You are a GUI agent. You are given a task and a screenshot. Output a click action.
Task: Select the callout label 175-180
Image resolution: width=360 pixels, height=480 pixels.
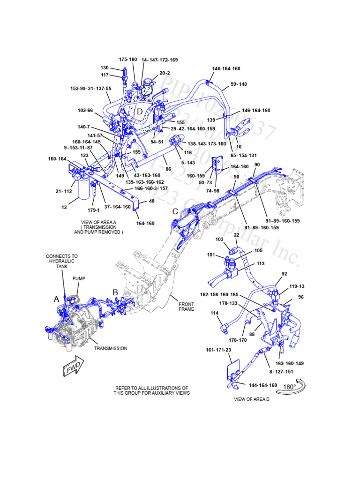pyautogui.click(x=127, y=60)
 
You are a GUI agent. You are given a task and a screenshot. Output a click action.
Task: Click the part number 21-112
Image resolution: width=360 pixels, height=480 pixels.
pyautogui.click(x=64, y=191)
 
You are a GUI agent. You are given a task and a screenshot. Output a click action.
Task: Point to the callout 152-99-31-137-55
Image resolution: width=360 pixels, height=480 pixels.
pyautogui.click(x=90, y=88)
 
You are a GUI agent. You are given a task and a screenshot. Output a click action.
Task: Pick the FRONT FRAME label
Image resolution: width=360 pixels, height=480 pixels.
pyautogui.click(x=186, y=307)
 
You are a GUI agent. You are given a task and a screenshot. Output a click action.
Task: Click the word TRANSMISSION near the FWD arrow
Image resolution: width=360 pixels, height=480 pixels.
pyautogui.click(x=110, y=348)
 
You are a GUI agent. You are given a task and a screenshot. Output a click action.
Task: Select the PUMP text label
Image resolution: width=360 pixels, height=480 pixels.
pyautogui.click(x=79, y=278)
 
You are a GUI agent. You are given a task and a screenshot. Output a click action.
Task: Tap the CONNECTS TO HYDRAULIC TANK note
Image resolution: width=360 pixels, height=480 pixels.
pyautogui.click(x=61, y=261)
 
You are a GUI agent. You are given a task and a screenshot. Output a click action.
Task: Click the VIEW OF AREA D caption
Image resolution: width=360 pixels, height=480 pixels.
pyautogui.click(x=252, y=400)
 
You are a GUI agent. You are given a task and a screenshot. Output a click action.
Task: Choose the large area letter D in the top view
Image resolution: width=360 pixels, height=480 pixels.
pyautogui.click(x=139, y=112)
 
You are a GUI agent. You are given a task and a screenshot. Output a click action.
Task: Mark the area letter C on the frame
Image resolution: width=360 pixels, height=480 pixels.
pyautogui.click(x=175, y=211)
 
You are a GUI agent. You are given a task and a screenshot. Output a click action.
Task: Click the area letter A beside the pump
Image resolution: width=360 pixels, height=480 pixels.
pyautogui.click(x=57, y=299)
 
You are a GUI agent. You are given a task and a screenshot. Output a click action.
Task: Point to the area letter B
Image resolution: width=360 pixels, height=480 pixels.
pyautogui.click(x=115, y=292)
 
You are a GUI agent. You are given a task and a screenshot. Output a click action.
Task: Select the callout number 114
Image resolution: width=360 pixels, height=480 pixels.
pyautogui.click(x=214, y=313)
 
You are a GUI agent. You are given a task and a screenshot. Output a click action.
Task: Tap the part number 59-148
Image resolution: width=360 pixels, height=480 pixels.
pyautogui.click(x=238, y=84)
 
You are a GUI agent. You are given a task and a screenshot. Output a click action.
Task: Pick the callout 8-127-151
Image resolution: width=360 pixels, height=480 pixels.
pyautogui.click(x=281, y=371)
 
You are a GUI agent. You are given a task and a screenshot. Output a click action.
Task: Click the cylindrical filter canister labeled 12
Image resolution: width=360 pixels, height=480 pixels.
pyautogui.click(x=84, y=192)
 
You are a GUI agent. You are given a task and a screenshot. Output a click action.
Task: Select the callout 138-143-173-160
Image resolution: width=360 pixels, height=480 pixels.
pyautogui.click(x=207, y=144)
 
